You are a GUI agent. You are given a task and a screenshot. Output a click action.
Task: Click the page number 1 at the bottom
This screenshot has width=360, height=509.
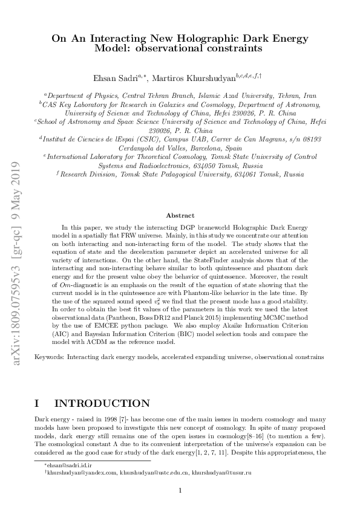[180, 491]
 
